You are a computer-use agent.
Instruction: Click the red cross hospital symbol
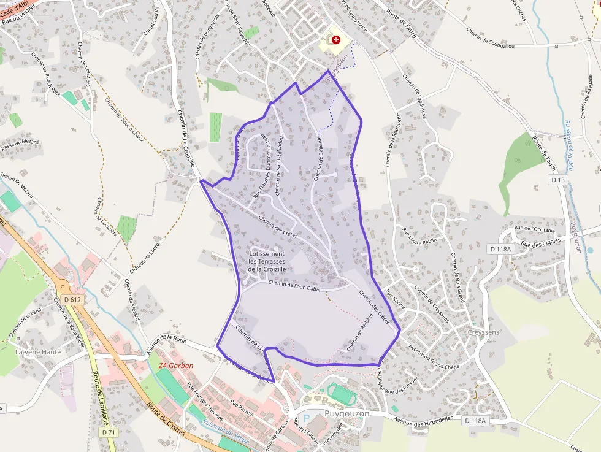(x=335, y=40)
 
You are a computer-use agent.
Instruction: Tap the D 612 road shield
(x=72, y=300)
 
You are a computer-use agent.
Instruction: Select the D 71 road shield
(x=109, y=432)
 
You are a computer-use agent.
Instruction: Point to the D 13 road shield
(x=557, y=180)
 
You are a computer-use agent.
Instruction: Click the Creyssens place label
(x=483, y=332)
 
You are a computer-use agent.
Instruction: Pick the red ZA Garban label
(x=175, y=366)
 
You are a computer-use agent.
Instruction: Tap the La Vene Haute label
(x=38, y=352)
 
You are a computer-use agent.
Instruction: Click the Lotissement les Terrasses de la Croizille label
(x=267, y=261)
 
